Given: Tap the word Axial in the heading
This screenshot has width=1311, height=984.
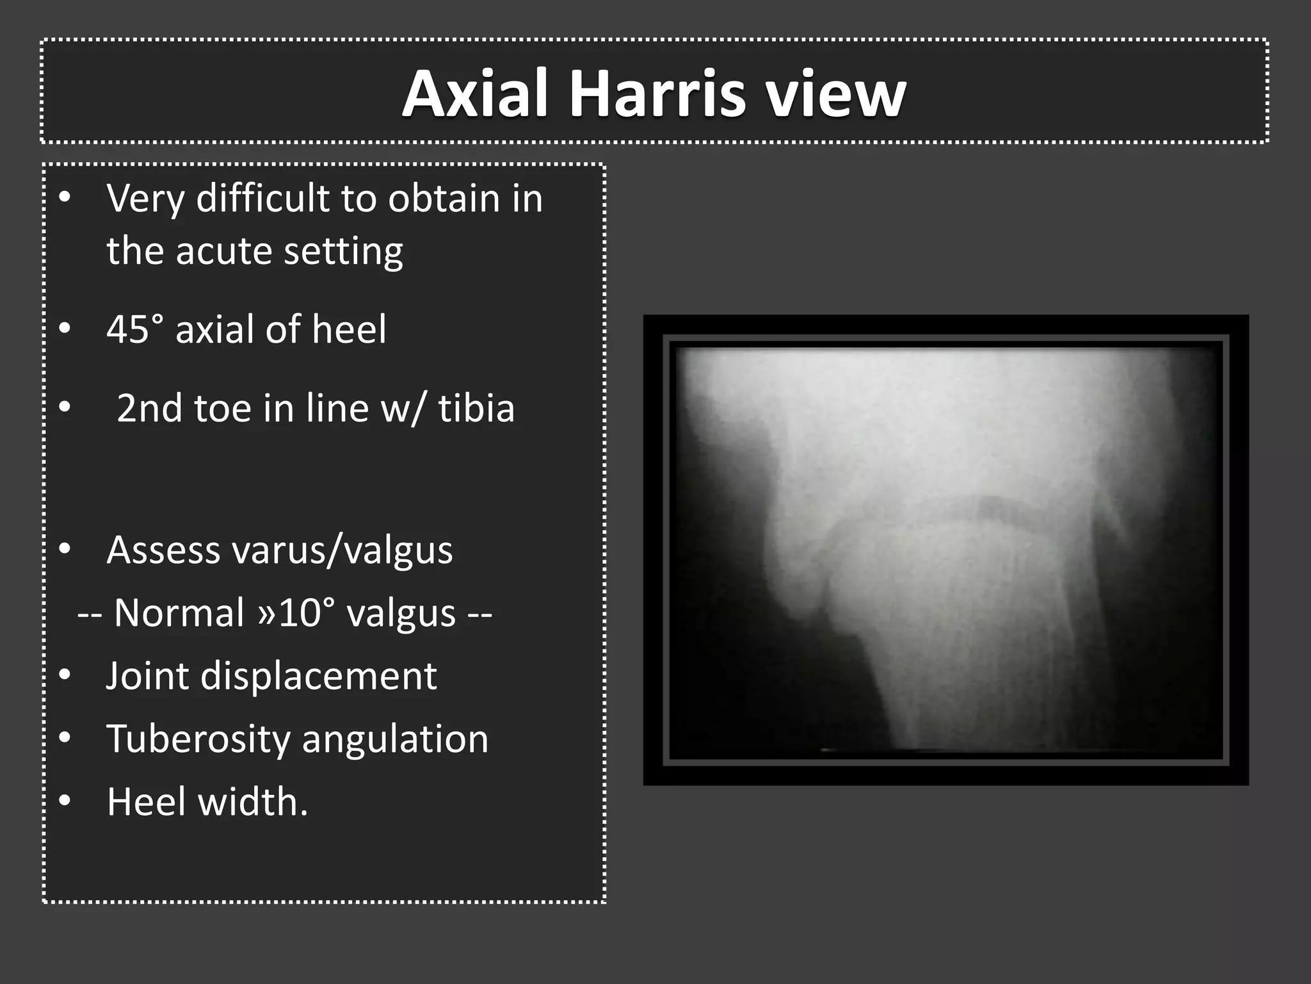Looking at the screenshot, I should click(x=475, y=95).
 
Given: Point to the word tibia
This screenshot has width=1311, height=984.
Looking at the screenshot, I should click(x=476, y=409).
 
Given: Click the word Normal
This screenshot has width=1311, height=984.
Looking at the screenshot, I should click(x=179, y=613).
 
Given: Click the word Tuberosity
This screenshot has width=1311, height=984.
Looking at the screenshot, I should click(x=198, y=739).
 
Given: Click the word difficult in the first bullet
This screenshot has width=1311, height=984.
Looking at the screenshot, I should click(x=262, y=199).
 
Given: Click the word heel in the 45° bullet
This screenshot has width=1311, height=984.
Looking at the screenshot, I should click(x=349, y=330).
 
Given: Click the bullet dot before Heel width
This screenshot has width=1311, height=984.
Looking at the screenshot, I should click(x=65, y=802).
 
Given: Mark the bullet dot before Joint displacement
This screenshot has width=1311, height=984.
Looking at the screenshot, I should click(x=65, y=676).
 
